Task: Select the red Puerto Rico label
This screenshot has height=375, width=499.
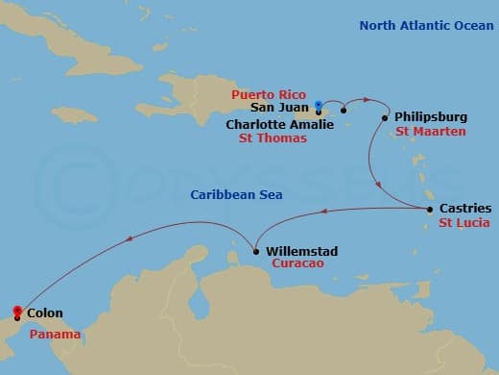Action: (x=268, y=95)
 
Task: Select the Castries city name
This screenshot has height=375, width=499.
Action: (x=464, y=208)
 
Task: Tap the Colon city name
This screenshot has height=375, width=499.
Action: (x=46, y=313)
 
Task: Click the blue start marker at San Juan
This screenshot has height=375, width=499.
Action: (x=318, y=106)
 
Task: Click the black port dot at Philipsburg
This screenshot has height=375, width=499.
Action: (x=386, y=118)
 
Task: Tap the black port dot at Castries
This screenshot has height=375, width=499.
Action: (x=429, y=209)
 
